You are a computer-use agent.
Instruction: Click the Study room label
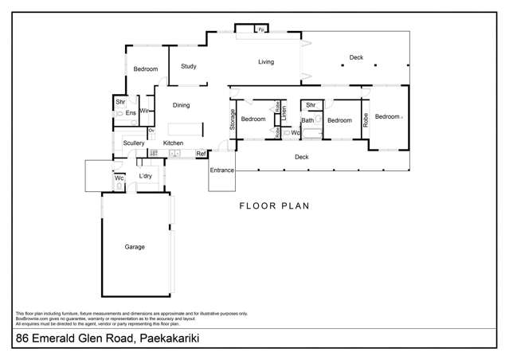point(189,67)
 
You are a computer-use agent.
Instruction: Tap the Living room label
point(265,62)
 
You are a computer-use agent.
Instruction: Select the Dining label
point(182,104)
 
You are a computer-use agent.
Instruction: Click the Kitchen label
point(174,143)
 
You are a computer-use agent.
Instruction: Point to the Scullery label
point(134,143)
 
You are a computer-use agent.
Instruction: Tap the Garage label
point(135,247)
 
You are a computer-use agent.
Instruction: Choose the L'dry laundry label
point(146,176)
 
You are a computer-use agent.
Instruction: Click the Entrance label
point(221,170)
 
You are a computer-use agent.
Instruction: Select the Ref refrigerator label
point(201,153)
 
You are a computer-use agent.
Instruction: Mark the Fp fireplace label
point(260,30)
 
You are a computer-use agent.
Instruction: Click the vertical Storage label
point(233,119)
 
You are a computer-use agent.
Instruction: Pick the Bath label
point(307,120)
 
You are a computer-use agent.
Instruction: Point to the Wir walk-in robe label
point(145,111)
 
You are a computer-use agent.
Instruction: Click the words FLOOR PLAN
point(274,205)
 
